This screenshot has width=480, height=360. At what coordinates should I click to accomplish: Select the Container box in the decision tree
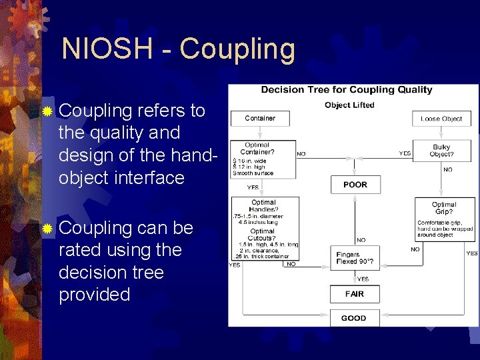[260, 119]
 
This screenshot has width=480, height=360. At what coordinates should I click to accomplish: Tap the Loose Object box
[441, 119]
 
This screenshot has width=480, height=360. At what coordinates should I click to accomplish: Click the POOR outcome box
[355, 185]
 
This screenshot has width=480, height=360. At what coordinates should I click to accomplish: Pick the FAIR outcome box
[355, 294]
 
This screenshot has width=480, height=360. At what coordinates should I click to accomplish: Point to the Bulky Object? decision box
[441, 151]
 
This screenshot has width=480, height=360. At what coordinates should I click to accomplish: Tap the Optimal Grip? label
[444, 208]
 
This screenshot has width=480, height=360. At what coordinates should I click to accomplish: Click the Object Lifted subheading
[349, 105]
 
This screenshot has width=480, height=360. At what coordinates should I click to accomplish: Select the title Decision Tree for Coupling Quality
[346, 90]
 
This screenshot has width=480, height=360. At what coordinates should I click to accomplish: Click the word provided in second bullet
[95, 295]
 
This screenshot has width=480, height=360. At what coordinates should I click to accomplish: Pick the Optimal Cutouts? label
[263, 234]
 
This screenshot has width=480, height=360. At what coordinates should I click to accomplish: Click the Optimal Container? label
[257, 148]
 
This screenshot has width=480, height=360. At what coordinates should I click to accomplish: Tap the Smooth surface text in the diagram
[253, 173]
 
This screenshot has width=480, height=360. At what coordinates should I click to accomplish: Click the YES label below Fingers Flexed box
[363, 279]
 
